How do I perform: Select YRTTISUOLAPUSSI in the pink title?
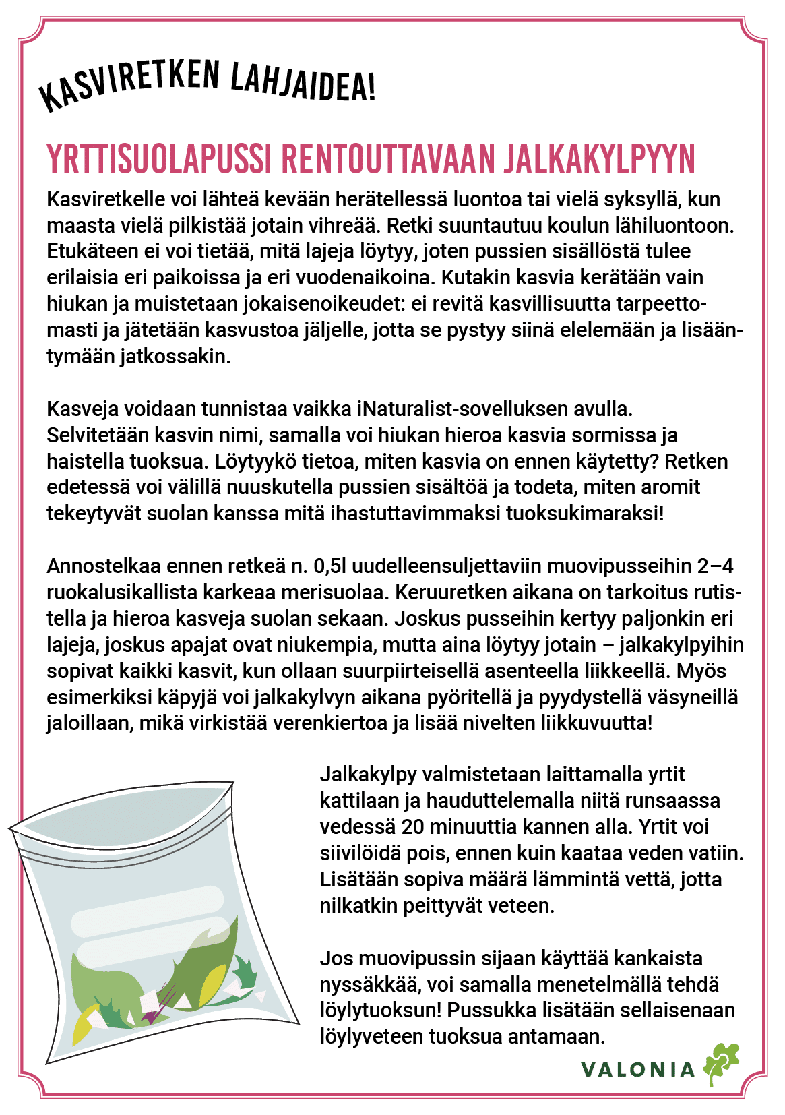[x=159, y=158]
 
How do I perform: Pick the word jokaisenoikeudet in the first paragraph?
[x=313, y=304]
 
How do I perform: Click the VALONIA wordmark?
[x=637, y=1069]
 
